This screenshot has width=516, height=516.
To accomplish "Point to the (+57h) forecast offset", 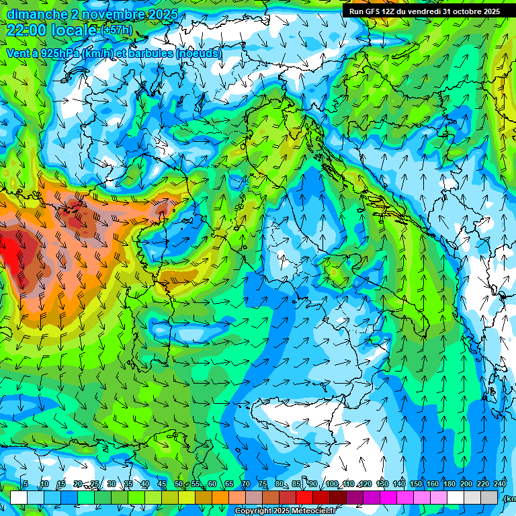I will (x=117, y=31).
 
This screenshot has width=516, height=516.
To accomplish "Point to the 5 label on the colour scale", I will (x=26, y=484).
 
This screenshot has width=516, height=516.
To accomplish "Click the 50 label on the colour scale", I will (x=179, y=484).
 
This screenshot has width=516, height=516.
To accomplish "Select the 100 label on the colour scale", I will (x=331, y=484).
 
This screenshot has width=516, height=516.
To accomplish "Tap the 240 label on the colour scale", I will (x=499, y=484).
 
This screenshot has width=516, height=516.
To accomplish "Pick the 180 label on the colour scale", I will (x=449, y=484).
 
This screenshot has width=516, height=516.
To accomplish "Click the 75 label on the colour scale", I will (x=263, y=484).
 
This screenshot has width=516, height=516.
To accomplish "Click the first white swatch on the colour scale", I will (x=19, y=498).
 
